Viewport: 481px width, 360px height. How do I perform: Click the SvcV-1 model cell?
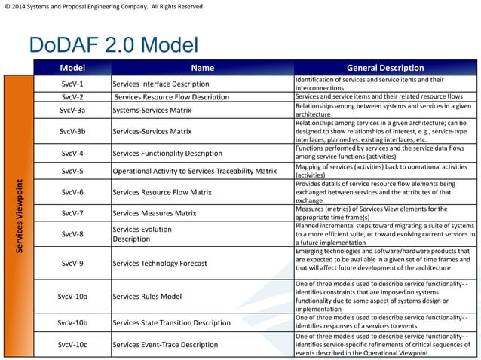pyautogui.click(x=72, y=83)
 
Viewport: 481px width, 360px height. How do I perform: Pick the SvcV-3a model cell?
pyautogui.click(x=72, y=111)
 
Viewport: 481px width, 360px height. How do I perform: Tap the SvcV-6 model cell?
pyautogui.click(x=72, y=192)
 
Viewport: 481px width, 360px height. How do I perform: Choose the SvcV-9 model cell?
pyautogui.click(x=72, y=263)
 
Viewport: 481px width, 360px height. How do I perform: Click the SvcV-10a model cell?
pyautogui.click(x=72, y=296)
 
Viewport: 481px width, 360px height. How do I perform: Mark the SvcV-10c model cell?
pyautogui.click(x=72, y=344)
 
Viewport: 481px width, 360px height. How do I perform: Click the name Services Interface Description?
pyautogui.click(x=160, y=83)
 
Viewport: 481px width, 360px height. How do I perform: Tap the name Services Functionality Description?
pyautogui.click(x=167, y=153)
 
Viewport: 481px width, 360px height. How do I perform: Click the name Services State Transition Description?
pyautogui.click(x=170, y=323)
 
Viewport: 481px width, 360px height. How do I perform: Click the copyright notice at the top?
pyautogui.click(x=102, y=7)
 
